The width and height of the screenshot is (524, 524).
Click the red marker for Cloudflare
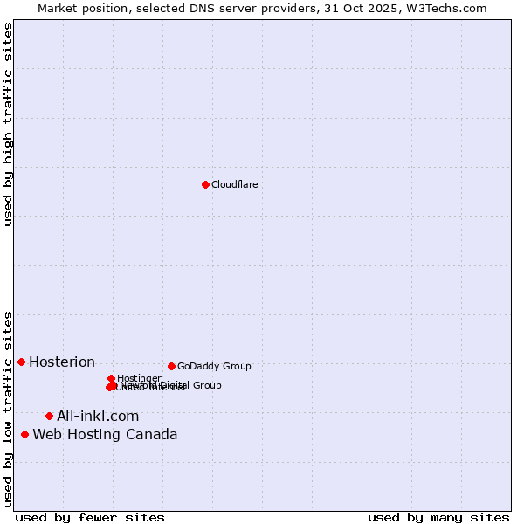coord(205,184)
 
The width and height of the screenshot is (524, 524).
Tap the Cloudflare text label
coord(234,184)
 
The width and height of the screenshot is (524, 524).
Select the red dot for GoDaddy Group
coord(171,366)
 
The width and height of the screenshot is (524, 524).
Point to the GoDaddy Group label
coord(214,366)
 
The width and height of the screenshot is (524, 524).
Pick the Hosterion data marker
coord(21,362)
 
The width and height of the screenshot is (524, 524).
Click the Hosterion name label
coord(62,362)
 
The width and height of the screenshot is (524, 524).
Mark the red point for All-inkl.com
coord(49,416)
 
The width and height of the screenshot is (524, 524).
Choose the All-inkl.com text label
coord(98,416)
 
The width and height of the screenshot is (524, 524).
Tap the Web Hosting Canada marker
coord(24,434)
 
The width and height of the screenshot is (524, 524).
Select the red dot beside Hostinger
coord(111,378)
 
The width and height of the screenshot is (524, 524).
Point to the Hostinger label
coord(139,378)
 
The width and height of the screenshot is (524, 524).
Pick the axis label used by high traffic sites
coord(8,125)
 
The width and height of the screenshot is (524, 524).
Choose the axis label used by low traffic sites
coord(8,408)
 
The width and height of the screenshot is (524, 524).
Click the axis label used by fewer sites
coord(90,517)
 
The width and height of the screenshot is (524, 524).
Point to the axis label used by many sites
coord(438,517)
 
